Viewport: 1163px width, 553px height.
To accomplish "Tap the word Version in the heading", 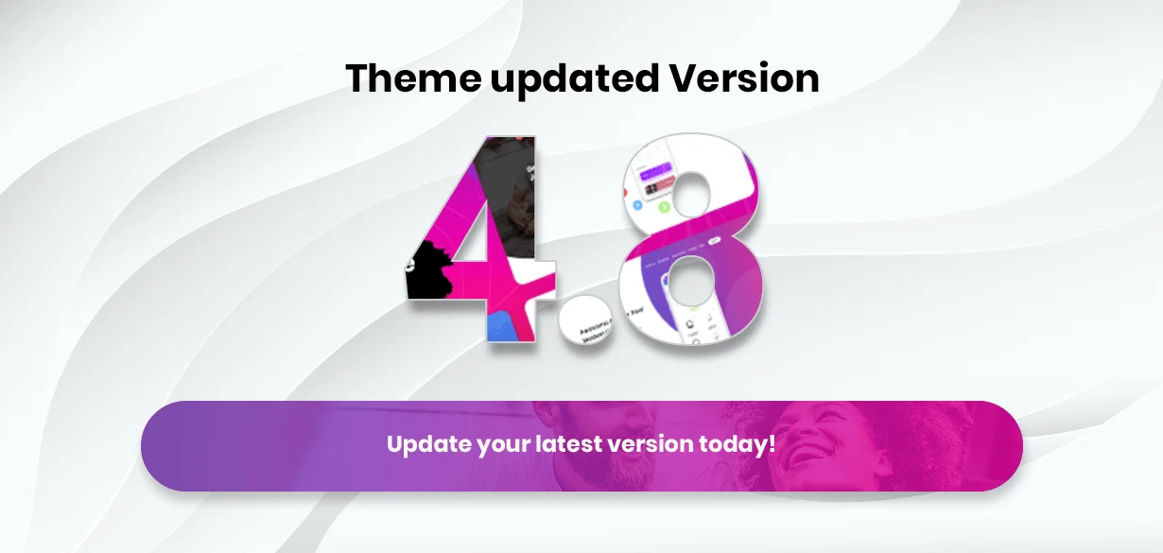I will pos(744,78).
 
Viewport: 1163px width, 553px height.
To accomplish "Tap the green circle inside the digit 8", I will pos(665,205).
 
